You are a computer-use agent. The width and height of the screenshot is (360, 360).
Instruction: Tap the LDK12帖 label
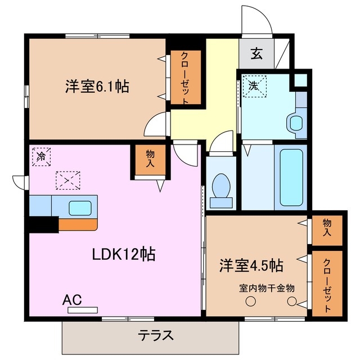point(124,254)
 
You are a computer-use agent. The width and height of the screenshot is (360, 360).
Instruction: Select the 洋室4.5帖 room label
point(251,264)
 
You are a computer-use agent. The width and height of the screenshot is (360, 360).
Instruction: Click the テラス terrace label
point(155,335)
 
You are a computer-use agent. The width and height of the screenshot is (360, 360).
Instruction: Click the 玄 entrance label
point(256,54)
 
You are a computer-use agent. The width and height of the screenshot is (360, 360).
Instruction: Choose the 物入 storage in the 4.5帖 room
point(327,230)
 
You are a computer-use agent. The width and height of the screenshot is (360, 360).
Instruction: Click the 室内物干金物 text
point(267,288)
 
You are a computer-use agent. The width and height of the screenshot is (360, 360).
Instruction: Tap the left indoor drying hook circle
point(249,301)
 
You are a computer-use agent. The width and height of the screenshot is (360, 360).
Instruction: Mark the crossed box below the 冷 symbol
point(68,181)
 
